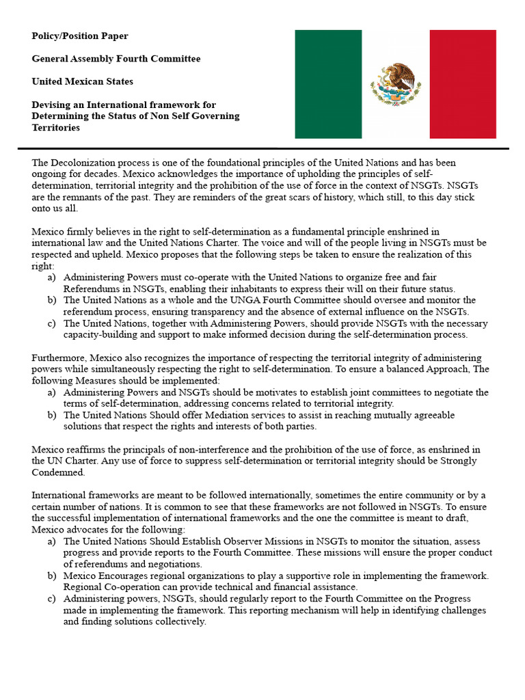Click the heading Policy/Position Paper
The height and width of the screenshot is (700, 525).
(x=79, y=36)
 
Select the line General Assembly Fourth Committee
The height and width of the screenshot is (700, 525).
(x=116, y=59)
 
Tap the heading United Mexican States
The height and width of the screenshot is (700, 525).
(x=83, y=81)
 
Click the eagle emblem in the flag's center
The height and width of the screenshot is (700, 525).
(x=396, y=84)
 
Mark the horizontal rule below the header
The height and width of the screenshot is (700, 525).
(x=262, y=148)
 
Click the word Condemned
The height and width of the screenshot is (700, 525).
(x=58, y=472)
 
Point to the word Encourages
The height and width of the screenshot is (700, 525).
(x=130, y=576)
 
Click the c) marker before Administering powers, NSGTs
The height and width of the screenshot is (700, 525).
(x=52, y=599)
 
